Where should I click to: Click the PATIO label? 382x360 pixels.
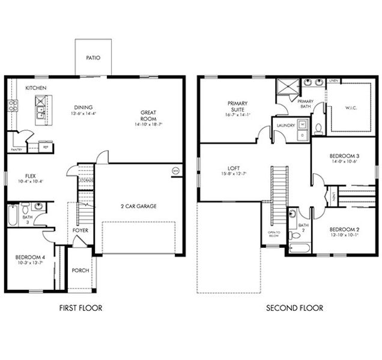pyautogui.click(x=93, y=58)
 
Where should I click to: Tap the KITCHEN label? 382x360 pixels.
pyautogui.click(x=35, y=88)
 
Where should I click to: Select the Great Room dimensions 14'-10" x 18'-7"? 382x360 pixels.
pyautogui.click(x=148, y=123)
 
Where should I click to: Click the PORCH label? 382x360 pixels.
pyautogui.click(x=80, y=271)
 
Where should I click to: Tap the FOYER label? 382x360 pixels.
pyautogui.click(x=80, y=230)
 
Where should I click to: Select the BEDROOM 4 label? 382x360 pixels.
pyautogui.click(x=30, y=258)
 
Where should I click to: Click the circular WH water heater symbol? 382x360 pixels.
pyautogui.click(x=175, y=170)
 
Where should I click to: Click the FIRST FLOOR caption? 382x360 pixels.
pyautogui.click(x=80, y=308)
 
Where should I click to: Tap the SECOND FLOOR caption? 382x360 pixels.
pyautogui.click(x=294, y=308)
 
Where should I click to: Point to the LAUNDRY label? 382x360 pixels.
pyautogui.click(x=283, y=125)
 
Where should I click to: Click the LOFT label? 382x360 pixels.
pyautogui.click(x=233, y=169)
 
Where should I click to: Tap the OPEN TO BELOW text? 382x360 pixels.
pyautogui.click(x=273, y=233)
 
